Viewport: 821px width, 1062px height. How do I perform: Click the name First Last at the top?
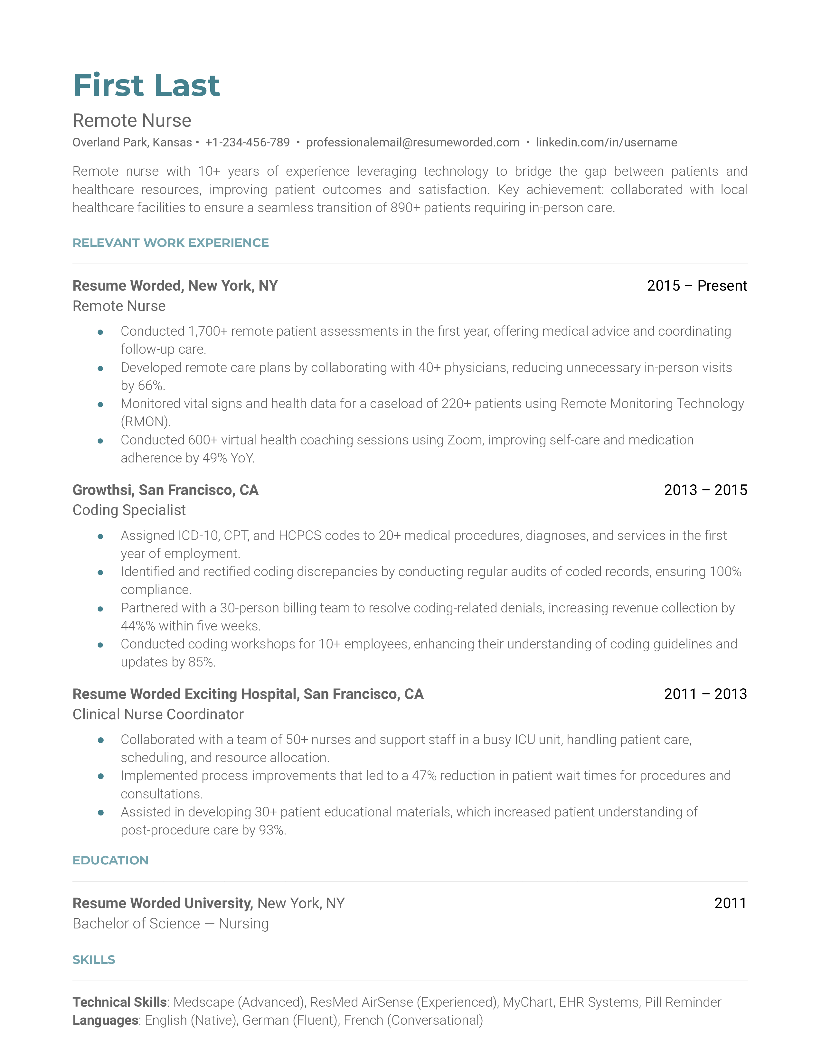tap(146, 86)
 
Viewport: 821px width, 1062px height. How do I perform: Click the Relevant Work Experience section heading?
tap(170, 243)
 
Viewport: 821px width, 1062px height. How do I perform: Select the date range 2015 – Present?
tap(696, 285)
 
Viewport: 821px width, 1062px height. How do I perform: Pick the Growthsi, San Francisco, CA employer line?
tap(165, 490)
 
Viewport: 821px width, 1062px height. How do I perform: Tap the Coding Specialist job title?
tap(129, 510)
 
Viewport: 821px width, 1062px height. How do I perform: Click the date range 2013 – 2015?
tap(705, 490)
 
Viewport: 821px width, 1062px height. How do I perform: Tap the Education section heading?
tap(110, 860)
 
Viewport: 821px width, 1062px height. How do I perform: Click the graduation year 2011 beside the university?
tap(730, 903)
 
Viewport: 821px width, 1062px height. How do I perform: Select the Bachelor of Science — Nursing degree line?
tap(170, 923)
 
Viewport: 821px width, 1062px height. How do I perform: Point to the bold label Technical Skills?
tap(120, 1002)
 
